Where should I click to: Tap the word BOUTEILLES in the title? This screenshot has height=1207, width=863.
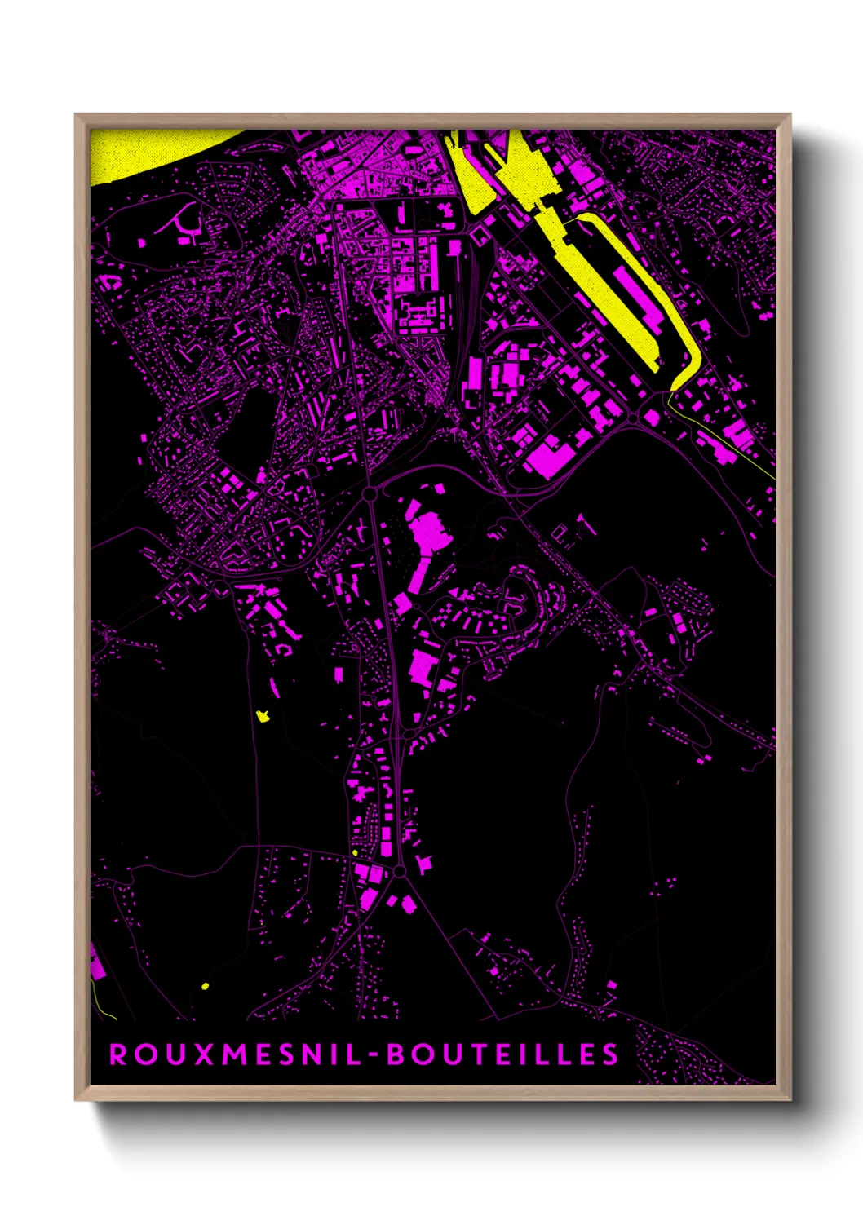502,1054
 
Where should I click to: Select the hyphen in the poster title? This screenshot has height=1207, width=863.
374,1055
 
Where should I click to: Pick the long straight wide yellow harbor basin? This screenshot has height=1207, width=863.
604,285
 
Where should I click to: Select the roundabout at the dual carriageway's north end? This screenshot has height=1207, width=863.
370,493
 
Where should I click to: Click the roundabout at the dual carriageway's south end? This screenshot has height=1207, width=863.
399,872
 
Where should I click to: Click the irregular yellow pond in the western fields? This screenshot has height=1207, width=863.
263,716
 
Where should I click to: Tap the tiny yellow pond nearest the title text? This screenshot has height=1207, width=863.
205,986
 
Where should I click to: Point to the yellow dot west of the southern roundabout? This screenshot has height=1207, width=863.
355,853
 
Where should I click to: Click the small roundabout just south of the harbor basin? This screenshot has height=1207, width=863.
634,418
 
